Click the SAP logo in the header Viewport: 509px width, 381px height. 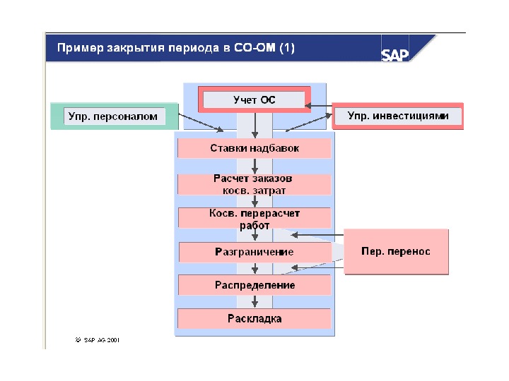click(x=396, y=54)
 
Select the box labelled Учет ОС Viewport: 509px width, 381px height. click(x=255, y=100)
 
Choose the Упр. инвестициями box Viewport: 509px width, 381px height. click(x=398, y=116)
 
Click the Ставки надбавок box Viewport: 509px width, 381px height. click(x=255, y=148)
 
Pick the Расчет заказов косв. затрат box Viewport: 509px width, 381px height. click(x=255, y=184)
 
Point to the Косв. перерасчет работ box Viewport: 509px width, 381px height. click(x=255, y=218)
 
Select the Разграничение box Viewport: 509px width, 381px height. click(x=255, y=252)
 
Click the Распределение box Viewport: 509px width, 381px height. click(x=255, y=285)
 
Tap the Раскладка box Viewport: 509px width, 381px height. click(x=255, y=318)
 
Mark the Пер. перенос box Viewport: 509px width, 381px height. click(x=396, y=251)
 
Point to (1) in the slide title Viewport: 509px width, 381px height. click(x=287, y=49)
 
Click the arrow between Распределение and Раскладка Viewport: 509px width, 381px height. click(x=255, y=301)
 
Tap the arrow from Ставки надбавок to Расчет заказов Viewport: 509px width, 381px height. click(x=255, y=166)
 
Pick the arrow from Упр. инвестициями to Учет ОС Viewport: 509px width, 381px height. click(x=320, y=107)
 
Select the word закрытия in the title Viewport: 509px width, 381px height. click(x=131, y=49)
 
